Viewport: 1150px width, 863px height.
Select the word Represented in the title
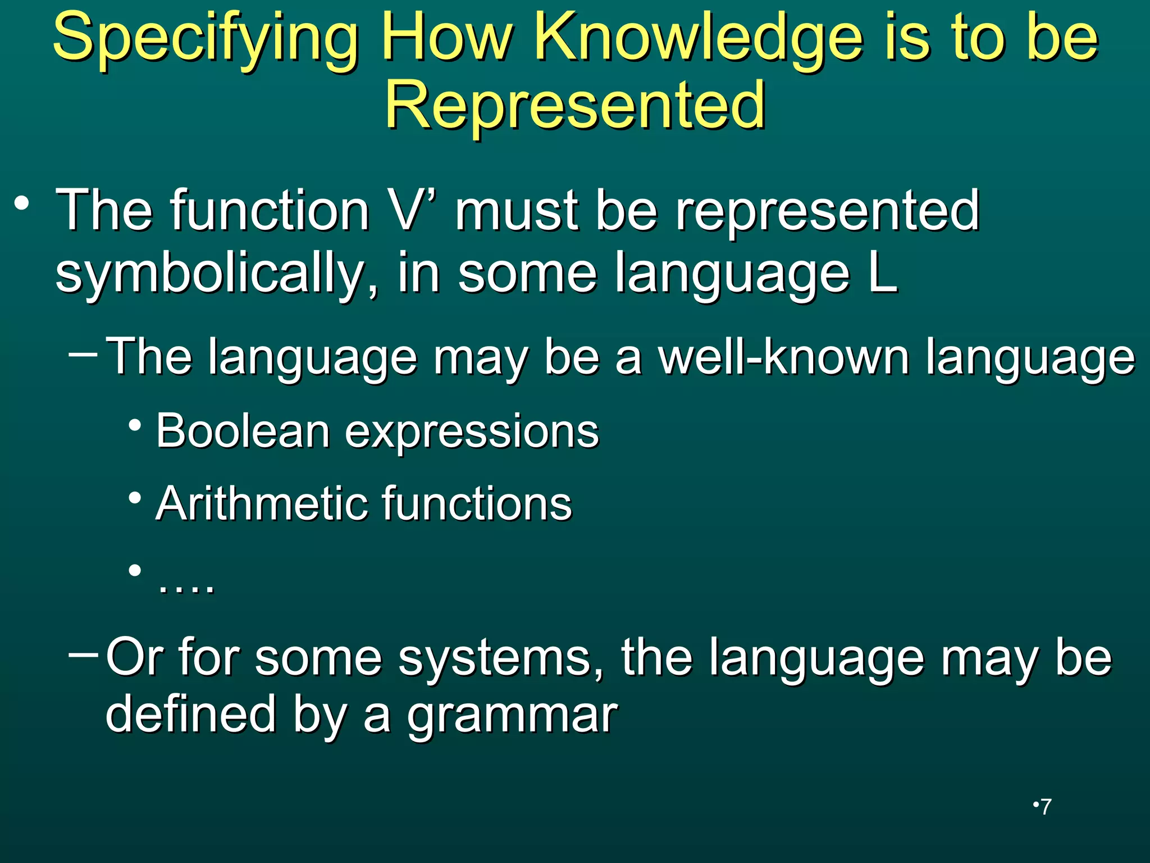click(574, 105)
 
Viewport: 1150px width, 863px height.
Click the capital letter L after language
click(883, 273)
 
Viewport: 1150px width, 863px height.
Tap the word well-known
click(783, 357)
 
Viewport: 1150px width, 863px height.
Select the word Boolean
click(243, 431)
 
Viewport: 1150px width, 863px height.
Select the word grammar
click(512, 716)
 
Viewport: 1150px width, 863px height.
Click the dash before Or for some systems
click(83, 655)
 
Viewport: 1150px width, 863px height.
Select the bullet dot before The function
click(22, 203)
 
